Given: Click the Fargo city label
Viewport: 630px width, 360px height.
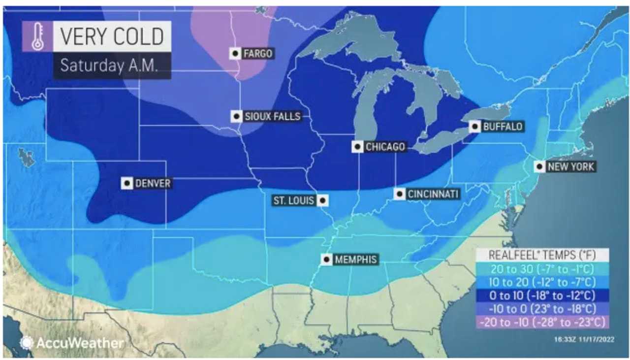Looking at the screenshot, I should pos(258,53).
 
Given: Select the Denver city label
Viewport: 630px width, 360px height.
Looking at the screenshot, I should pos(153,183).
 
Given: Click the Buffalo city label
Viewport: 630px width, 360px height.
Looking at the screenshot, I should pos(502,127).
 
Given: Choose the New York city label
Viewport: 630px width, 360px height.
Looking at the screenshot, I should pos(571,166).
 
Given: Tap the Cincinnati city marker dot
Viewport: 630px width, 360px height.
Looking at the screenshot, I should pos(401,194).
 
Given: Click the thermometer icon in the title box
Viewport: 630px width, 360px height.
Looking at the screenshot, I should pos(37,36).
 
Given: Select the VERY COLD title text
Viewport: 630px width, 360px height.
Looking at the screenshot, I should pos(112,36).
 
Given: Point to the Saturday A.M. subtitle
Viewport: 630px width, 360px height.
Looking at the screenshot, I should pos(109,66).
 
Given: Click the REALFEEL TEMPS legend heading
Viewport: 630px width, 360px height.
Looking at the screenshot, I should pos(542,255).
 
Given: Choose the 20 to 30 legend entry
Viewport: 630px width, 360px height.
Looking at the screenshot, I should pos(542,269).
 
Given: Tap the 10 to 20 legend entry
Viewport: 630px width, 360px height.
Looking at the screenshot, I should pos(542,282).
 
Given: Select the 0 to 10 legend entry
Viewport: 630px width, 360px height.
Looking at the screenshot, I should pos(542,295).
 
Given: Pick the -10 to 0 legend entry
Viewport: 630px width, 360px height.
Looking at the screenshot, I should pos(542,309).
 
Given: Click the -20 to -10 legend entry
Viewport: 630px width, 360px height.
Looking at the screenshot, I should pos(542,322).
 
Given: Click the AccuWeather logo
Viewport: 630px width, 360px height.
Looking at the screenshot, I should pos(72,343).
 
